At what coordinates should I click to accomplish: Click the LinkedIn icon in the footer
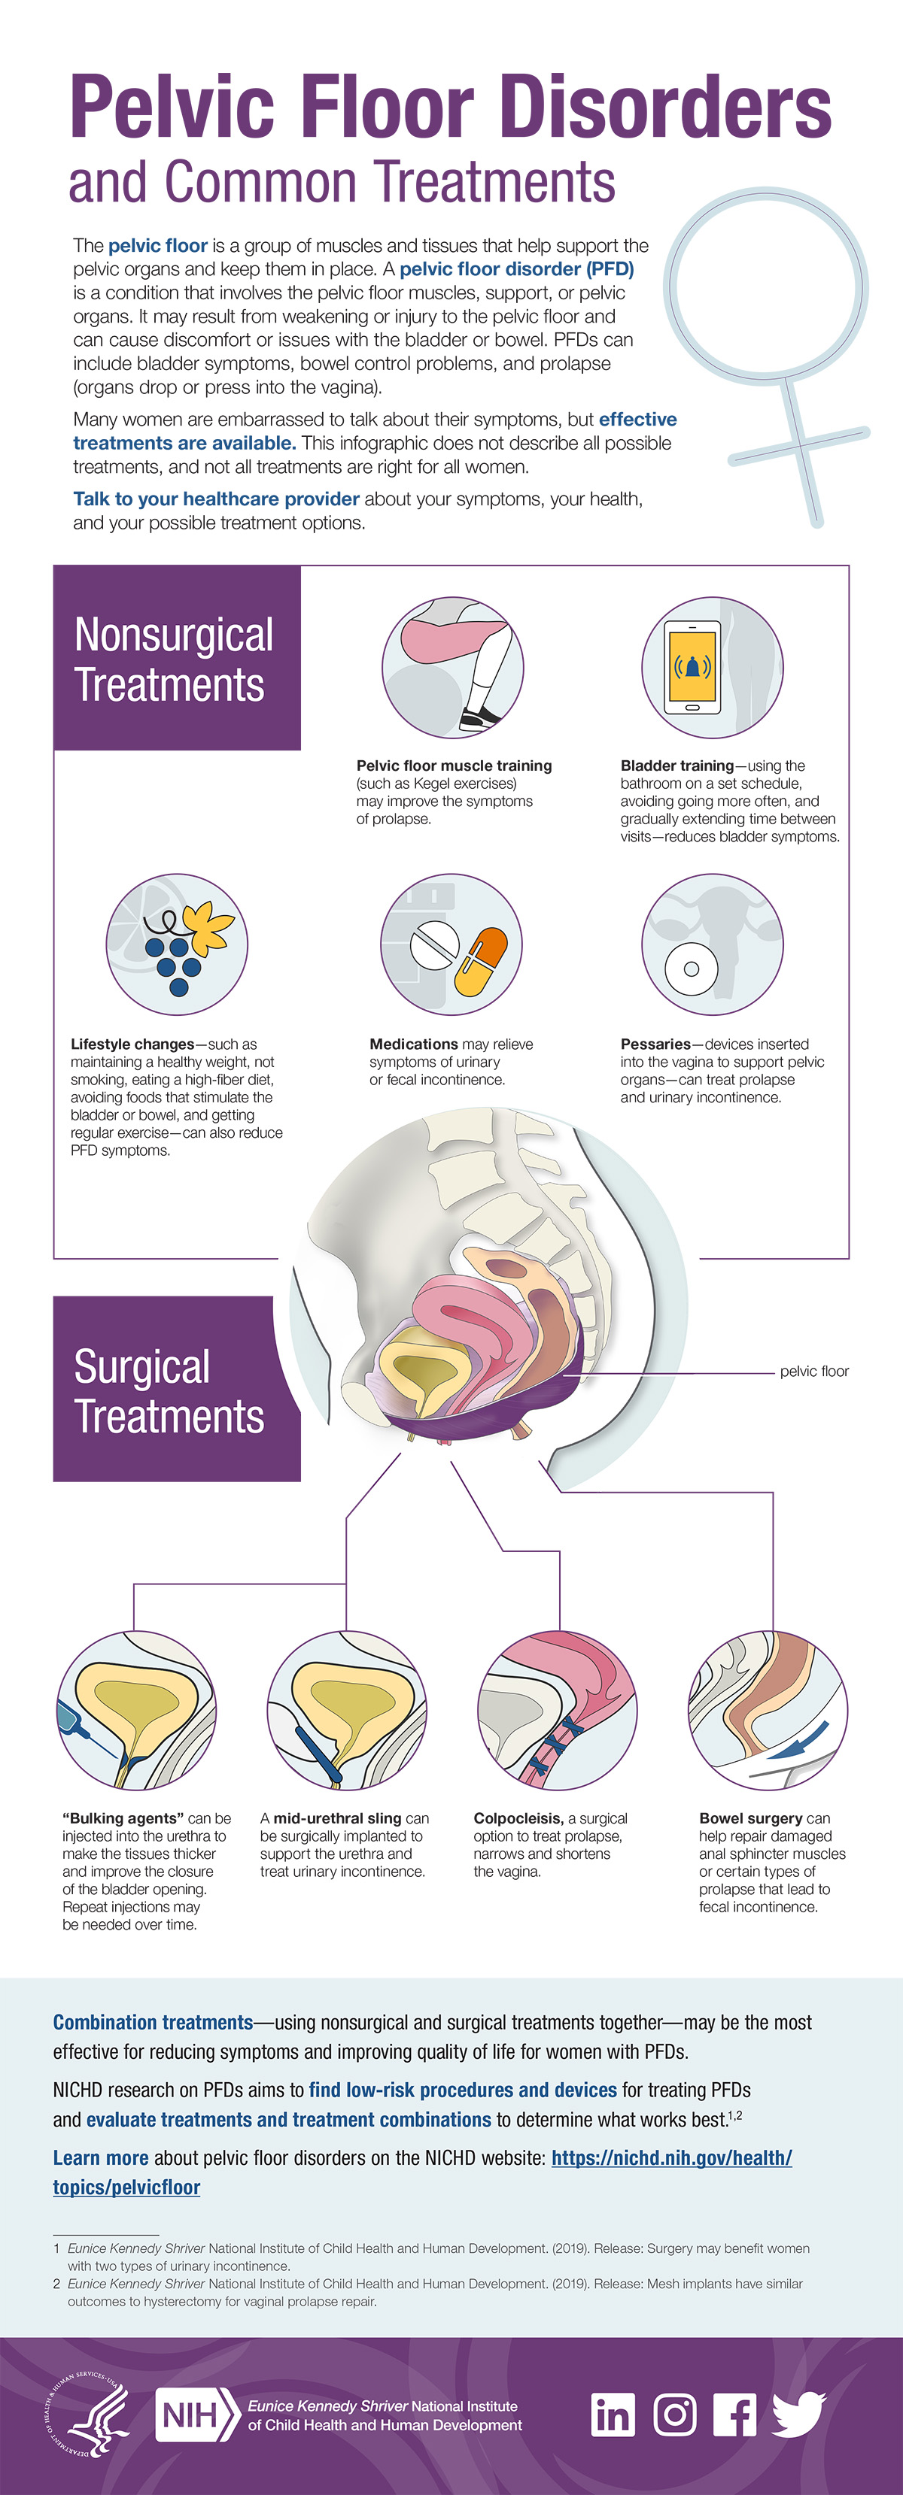tap(613, 2415)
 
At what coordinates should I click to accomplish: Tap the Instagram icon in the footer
tap(675, 2415)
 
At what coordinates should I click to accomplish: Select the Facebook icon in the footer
tap(735, 2415)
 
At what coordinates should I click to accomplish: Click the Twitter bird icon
tap(799, 2415)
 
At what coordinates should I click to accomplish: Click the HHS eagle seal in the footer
tap(87, 2415)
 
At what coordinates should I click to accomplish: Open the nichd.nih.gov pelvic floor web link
tap(422, 2172)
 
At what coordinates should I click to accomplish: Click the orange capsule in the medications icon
tap(482, 963)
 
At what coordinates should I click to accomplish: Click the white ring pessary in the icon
tap(691, 969)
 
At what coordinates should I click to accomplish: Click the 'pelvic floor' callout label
tap(814, 1372)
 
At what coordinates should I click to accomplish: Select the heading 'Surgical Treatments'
tap(169, 1391)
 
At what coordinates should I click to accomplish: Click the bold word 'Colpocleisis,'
tap(518, 1818)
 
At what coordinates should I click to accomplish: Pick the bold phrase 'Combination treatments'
tap(153, 2022)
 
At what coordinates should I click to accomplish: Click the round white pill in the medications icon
tap(434, 944)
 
